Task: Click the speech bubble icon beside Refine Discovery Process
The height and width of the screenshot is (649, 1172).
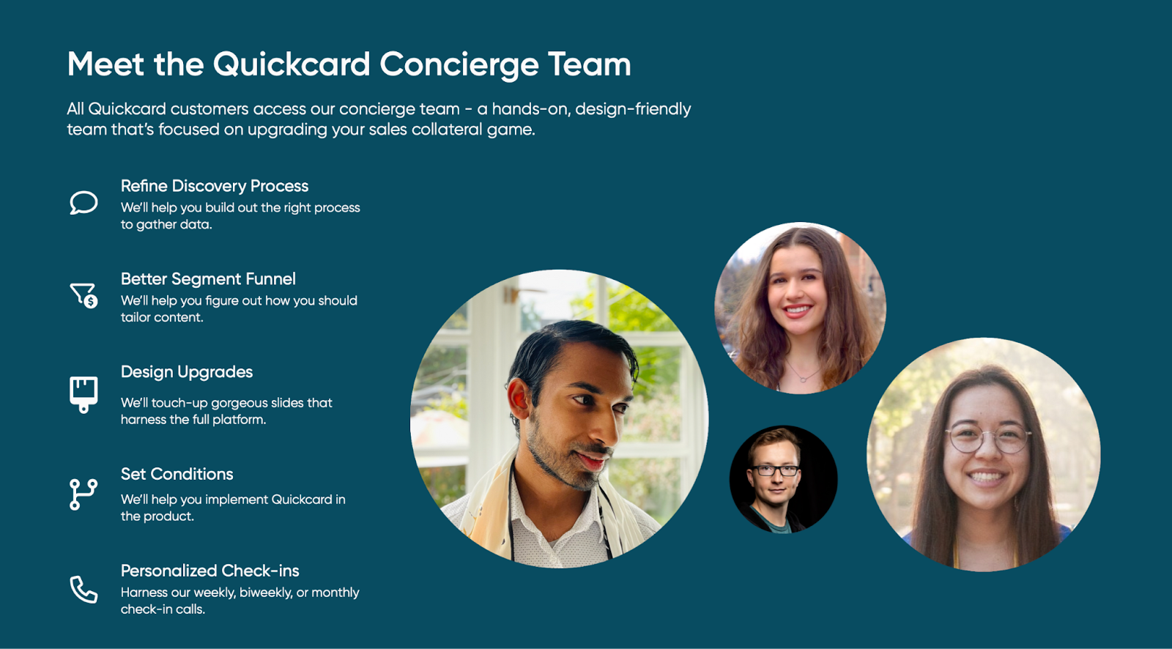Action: (x=84, y=203)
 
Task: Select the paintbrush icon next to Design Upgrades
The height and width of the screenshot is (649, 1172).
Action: (x=84, y=395)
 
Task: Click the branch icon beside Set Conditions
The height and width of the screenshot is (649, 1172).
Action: (x=84, y=494)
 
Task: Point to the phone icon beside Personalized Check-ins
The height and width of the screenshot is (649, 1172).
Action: (x=84, y=590)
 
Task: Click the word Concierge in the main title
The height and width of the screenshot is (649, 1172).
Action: (x=459, y=65)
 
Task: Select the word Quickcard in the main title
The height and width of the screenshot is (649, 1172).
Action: (x=292, y=64)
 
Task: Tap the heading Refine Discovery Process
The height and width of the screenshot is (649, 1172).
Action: (x=215, y=186)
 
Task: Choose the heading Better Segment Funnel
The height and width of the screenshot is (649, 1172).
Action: (x=208, y=279)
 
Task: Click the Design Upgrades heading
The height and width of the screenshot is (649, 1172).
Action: (x=187, y=372)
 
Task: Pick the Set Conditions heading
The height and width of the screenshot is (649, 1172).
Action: (x=177, y=474)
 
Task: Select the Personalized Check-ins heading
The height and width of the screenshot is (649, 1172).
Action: (x=209, y=571)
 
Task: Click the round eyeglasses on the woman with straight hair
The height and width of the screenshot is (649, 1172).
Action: (x=988, y=439)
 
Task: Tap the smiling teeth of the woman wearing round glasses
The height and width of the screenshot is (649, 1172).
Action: (x=986, y=477)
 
